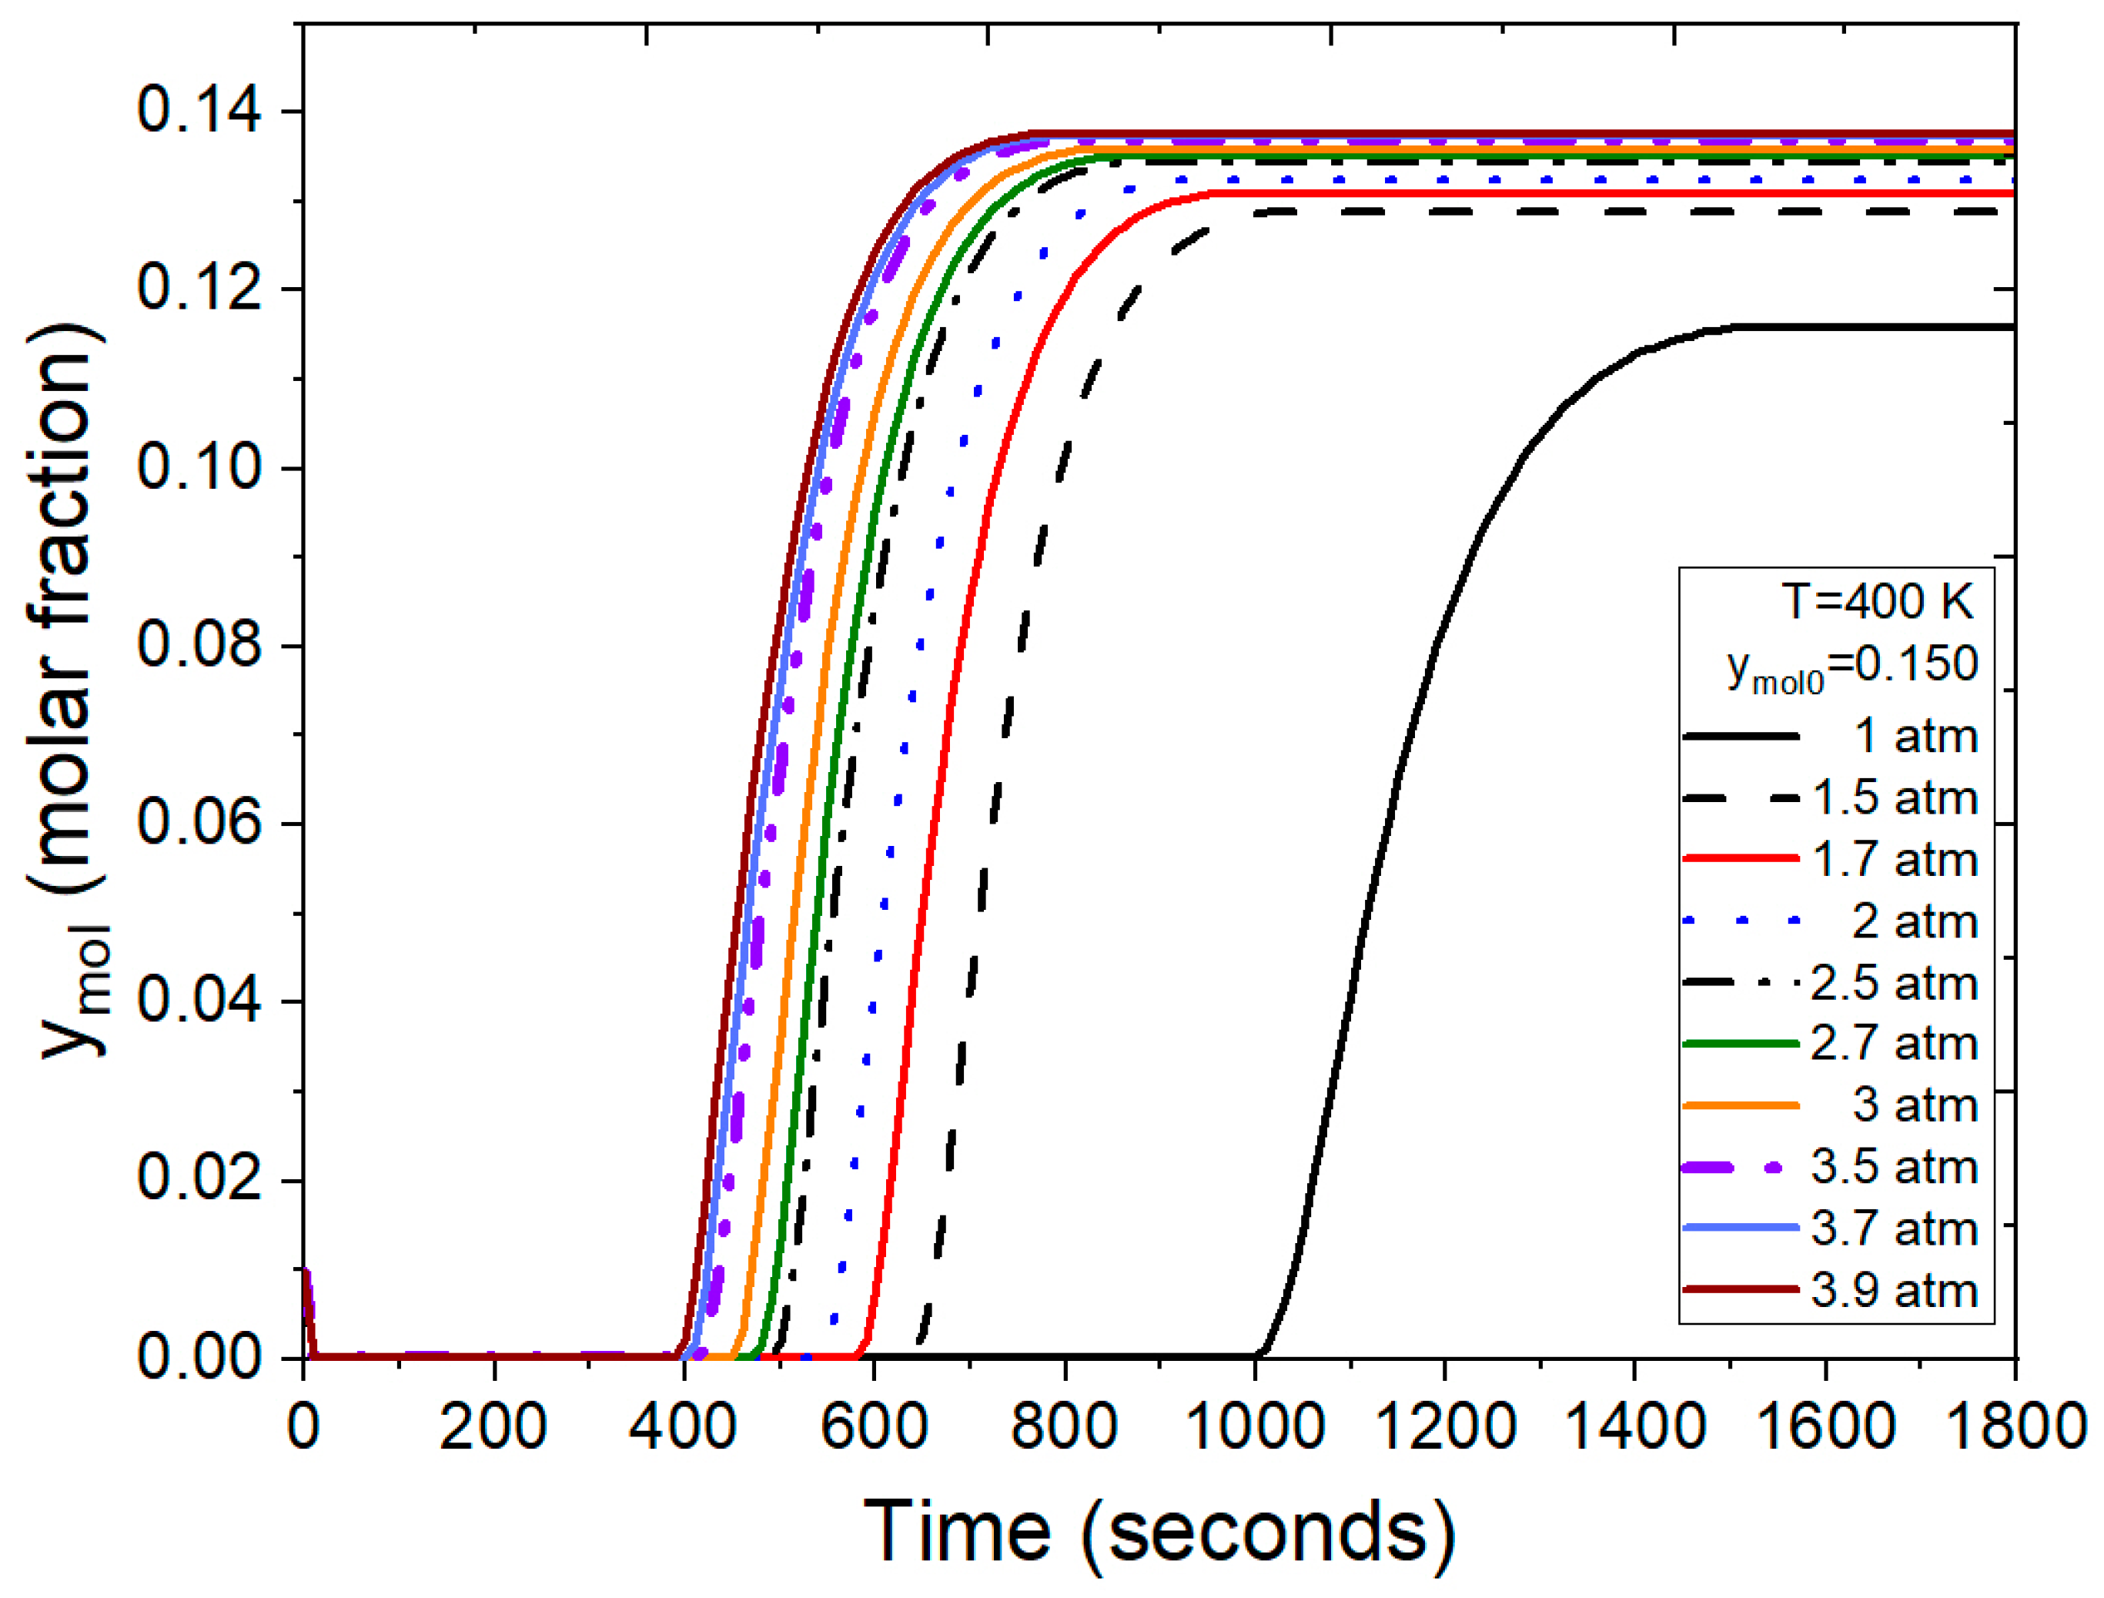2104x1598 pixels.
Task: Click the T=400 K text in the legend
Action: (x=1878, y=601)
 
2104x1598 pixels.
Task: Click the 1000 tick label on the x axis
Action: (x=1255, y=1428)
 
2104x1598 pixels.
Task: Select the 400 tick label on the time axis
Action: (x=683, y=1428)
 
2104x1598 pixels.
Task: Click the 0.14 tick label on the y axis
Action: (x=199, y=109)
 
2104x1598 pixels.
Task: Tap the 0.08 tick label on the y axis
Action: (x=199, y=644)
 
